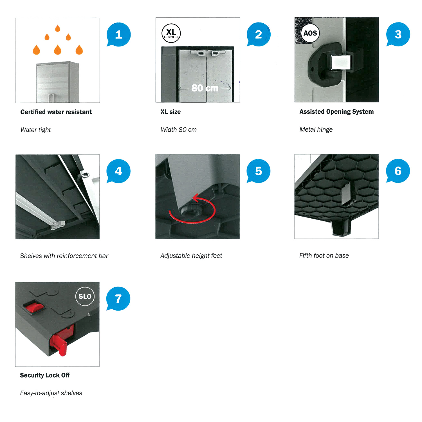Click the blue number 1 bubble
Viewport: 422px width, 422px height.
coord(119,34)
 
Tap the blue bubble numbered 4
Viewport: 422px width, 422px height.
coord(118,171)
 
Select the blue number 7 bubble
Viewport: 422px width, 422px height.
coord(118,298)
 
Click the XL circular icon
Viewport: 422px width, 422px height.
coord(171,33)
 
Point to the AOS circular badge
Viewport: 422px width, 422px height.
coord(310,33)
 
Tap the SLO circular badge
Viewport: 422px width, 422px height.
coord(85,296)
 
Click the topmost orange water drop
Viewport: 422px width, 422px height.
coord(58,28)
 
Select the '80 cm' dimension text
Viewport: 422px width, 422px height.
coord(205,88)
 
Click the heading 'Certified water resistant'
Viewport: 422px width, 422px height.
coord(56,112)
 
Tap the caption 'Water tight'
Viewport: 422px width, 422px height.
coord(35,130)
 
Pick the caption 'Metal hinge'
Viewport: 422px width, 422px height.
coord(316,130)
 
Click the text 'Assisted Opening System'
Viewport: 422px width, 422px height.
coord(336,112)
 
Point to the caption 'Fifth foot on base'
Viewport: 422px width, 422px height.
coord(324,255)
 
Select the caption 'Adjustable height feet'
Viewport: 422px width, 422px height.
coord(191,256)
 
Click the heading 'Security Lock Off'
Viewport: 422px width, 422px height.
coord(45,375)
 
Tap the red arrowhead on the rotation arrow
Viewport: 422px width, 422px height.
coord(196,198)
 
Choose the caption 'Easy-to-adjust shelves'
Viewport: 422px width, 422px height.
coord(51,393)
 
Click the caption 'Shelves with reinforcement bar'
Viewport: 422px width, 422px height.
coord(64,256)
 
